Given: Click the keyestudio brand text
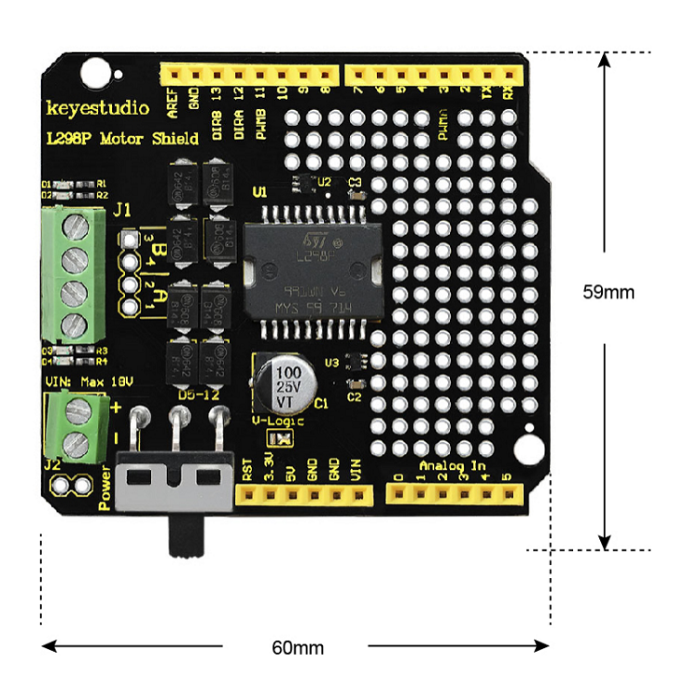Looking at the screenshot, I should click(x=97, y=108).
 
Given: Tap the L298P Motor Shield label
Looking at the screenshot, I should click(x=122, y=139).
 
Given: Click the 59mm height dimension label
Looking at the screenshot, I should click(x=609, y=292).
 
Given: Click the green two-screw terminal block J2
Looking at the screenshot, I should click(x=75, y=426).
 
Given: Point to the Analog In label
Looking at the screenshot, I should click(x=453, y=465).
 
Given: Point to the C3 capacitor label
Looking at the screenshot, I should click(x=354, y=182).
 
